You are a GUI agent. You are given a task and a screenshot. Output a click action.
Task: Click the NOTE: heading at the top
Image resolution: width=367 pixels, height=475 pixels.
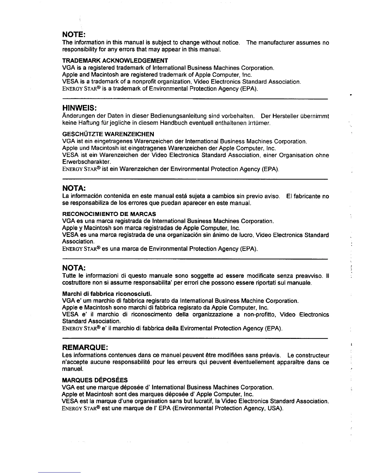[74, 34]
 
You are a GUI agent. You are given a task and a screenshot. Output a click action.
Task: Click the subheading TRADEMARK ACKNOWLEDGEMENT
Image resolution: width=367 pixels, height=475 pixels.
[115, 61]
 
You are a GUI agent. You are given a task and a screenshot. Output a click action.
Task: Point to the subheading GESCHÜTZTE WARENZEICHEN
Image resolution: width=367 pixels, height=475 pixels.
[108, 134]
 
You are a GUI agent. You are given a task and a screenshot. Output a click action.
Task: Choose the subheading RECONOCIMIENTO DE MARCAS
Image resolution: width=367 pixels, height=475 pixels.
[109, 214]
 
